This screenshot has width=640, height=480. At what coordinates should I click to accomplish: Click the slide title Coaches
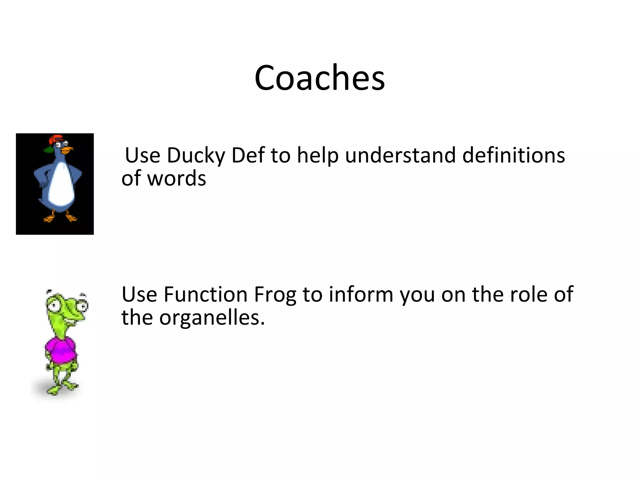tap(319, 78)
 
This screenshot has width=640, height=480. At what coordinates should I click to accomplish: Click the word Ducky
tap(196, 155)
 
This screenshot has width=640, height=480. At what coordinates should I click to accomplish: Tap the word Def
tap(248, 155)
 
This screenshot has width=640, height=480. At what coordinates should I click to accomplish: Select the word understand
tap(400, 155)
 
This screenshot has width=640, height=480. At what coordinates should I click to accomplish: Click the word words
tap(177, 178)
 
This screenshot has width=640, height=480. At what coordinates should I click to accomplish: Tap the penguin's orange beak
tap(67, 150)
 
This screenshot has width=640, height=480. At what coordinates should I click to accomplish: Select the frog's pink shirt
tap(61, 350)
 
